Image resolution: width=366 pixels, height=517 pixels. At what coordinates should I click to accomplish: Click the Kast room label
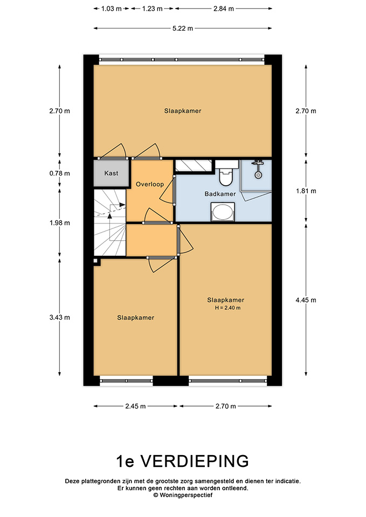tap(111, 173)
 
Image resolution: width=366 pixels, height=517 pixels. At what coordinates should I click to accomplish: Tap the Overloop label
tap(150, 184)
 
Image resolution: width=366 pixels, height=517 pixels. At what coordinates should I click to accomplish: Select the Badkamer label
tap(220, 194)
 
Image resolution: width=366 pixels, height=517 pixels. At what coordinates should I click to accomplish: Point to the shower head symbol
tap(258, 169)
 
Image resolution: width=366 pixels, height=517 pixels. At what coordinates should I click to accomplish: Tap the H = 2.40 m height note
tap(227, 308)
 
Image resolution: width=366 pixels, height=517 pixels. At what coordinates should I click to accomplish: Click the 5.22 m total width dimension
tap(183, 29)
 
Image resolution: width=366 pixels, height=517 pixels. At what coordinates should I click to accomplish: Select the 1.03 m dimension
tap(111, 9)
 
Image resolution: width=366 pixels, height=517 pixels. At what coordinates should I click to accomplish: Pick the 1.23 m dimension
tap(152, 9)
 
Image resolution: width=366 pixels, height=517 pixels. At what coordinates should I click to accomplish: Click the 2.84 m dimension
tap(224, 9)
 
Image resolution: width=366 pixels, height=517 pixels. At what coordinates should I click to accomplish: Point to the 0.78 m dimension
tap(60, 173)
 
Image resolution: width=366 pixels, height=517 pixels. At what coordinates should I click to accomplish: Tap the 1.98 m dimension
tap(60, 223)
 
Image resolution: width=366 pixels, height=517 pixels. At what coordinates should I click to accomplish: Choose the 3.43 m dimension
tap(60, 318)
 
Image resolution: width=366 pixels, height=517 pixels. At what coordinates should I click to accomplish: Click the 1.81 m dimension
tap(306, 191)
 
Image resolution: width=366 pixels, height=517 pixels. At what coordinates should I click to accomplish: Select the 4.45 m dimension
tap(306, 300)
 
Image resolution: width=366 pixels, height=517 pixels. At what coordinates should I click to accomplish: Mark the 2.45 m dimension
tap(135, 406)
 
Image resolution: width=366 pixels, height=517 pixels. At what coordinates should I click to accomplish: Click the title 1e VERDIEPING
tap(183, 461)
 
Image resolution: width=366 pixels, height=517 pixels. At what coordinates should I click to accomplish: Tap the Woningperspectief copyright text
tap(183, 495)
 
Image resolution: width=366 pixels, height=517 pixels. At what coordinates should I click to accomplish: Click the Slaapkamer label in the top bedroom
tap(183, 111)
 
